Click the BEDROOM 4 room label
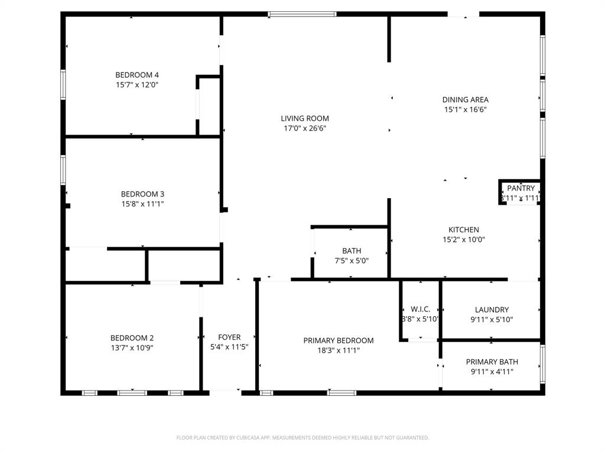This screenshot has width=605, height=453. click(x=136, y=75)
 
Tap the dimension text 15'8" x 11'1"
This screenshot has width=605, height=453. click(x=142, y=204)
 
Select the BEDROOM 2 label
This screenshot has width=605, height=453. click(x=132, y=338)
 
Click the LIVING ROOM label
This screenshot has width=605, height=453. click(x=305, y=119)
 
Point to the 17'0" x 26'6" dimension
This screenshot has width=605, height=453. click(x=305, y=128)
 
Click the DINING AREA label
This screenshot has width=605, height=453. click(x=466, y=100)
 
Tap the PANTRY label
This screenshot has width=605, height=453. click(x=521, y=188)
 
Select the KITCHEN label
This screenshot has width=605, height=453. click(x=464, y=230)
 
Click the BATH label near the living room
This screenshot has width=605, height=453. click(x=352, y=251)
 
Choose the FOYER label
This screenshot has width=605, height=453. click(x=229, y=337)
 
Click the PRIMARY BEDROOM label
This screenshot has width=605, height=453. click(x=339, y=340)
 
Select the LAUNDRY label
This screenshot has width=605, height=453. click(x=492, y=310)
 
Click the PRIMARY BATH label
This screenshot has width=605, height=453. click(x=492, y=362)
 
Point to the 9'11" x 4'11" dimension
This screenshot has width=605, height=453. click(x=492, y=372)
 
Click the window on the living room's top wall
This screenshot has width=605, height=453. click(x=302, y=14)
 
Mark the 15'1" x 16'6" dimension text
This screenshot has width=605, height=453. click(x=466, y=109)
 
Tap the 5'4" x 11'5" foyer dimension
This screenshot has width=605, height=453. click(x=229, y=347)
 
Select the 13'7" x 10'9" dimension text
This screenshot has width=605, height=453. click(x=132, y=347)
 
